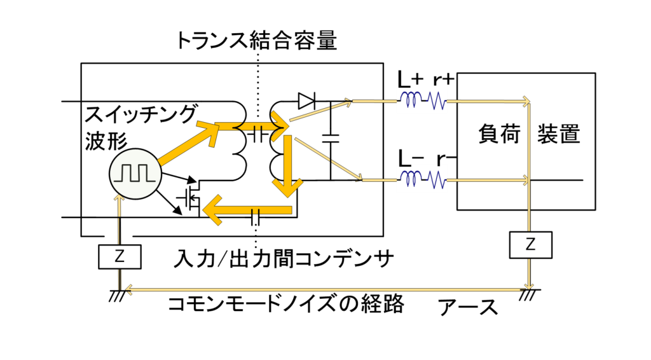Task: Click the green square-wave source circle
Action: (135, 174)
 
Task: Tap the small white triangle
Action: (305, 100)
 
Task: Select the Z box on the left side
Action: (120, 257)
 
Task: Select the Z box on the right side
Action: (530, 245)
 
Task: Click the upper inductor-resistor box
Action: (421, 99)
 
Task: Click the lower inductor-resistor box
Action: (421, 178)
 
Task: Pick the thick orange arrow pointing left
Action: (248, 210)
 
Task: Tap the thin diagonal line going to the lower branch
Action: (327, 159)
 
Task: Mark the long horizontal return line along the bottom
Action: (324, 290)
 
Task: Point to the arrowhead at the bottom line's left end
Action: (128, 290)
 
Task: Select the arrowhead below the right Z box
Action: (529, 285)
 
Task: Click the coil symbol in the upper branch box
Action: (411, 100)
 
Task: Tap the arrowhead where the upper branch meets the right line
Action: (525, 101)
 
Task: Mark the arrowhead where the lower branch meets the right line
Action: (525, 181)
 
